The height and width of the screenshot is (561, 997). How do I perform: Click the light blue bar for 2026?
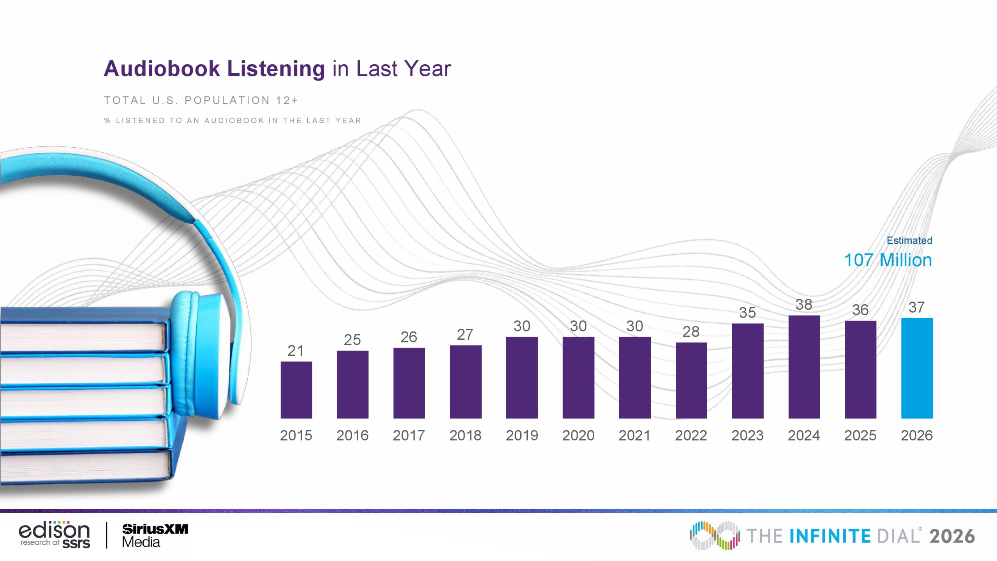point(917,368)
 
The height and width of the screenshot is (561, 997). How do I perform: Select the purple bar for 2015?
point(296,390)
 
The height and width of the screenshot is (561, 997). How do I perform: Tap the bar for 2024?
point(804,367)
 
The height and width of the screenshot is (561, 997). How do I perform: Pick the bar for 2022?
point(691,381)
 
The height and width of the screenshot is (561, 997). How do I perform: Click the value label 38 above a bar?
point(804,304)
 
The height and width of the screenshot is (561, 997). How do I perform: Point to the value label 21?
point(296,351)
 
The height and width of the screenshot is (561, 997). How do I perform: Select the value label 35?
point(747,312)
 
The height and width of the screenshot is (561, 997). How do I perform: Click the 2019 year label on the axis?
point(522,435)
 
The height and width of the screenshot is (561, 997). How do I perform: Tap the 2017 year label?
point(409,435)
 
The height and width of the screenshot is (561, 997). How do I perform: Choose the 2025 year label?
point(860,435)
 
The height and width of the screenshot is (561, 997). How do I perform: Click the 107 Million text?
point(888,260)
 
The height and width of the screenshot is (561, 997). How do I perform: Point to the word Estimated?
point(909,240)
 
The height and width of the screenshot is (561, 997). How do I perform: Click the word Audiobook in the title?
point(162,69)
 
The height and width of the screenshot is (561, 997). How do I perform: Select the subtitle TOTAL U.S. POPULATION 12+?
point(201,101)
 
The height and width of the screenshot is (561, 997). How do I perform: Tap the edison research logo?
point(55,535)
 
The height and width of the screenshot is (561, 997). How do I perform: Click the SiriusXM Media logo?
point(155,535)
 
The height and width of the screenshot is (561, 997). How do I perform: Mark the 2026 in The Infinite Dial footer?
point(952,536)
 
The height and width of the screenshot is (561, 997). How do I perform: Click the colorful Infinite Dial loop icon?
point(715,535)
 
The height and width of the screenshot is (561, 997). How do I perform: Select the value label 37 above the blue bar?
point(916,307)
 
